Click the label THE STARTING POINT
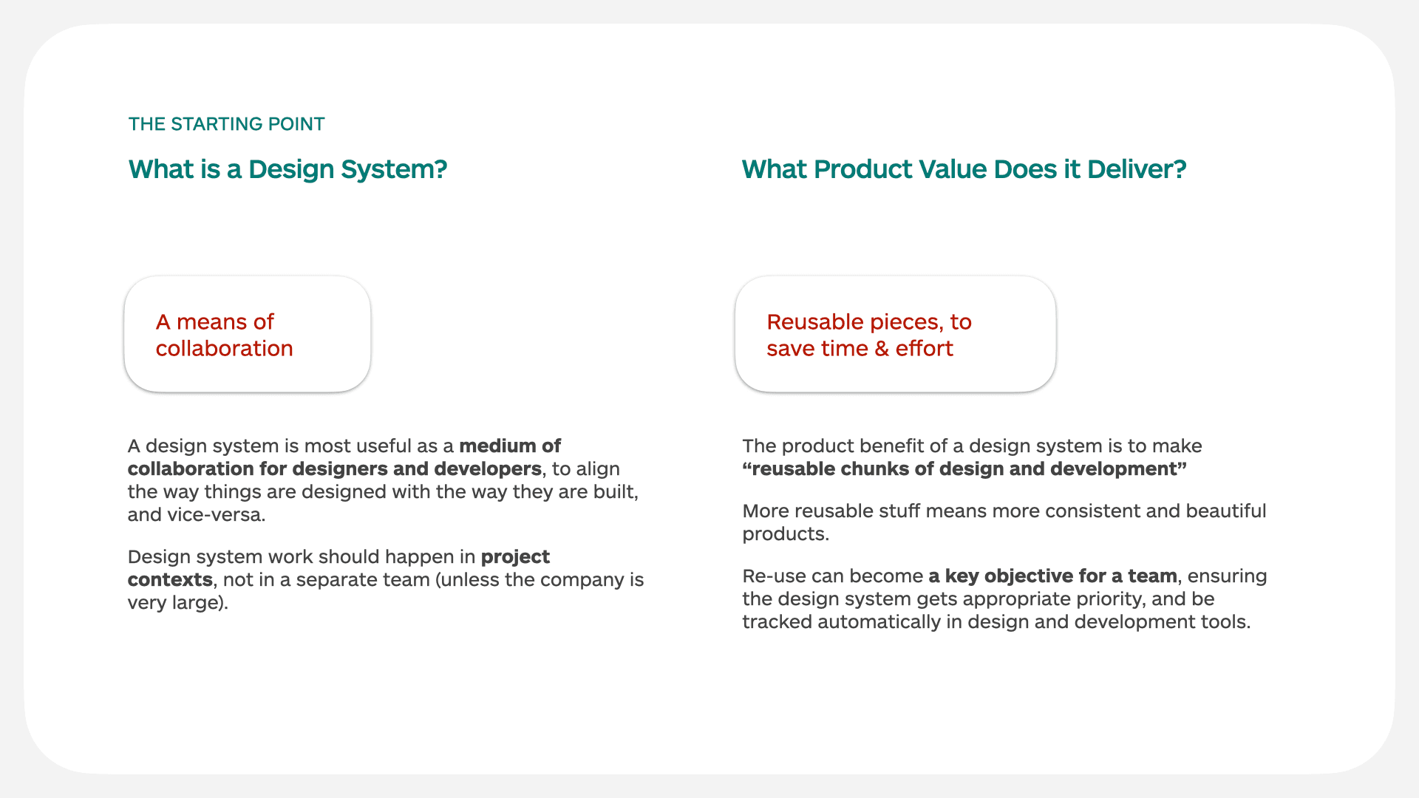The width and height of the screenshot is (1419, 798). click(x=226, y=124)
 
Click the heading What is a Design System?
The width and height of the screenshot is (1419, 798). click(x=287, y=169)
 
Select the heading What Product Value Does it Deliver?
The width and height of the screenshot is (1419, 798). click(x=964, y=169)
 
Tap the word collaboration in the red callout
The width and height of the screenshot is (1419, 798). click(x=224, y=349)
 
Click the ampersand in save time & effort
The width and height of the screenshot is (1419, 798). click(x=881, y=349)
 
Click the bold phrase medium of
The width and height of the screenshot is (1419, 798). click(x=510, y=446)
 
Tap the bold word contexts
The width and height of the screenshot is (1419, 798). click(x=170, y=580)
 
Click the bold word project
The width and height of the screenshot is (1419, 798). click(x=515, y=557)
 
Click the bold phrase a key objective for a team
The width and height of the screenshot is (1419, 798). click(x=1052, y=576)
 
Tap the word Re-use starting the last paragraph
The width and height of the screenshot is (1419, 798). click(x=773, y=576)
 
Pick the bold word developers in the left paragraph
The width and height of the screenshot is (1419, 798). click(x=487, y=469)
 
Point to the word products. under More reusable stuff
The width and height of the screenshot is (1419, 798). click(x=785, y=534)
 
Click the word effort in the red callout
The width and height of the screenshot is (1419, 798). click(x=924, y=349)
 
